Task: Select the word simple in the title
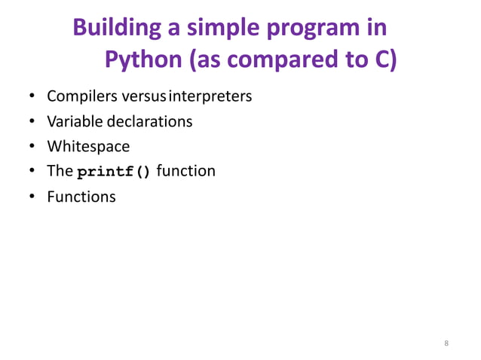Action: click(225, 28)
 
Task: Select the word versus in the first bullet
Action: click(138, 97)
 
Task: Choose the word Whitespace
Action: click(88, 146)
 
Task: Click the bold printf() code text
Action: click(114, 171)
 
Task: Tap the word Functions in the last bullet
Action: click(81, 197)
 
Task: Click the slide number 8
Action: click(446, 343)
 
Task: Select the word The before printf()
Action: click(60, 171)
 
